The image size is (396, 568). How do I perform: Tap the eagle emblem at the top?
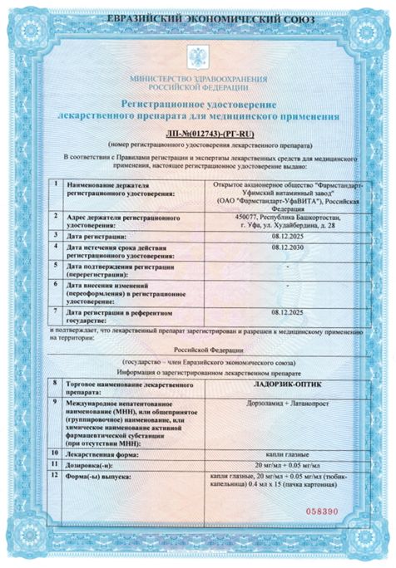point(197,58)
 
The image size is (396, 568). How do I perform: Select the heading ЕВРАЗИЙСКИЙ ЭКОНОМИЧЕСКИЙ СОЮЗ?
point(198,15)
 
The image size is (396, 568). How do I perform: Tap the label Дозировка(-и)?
point(94,466)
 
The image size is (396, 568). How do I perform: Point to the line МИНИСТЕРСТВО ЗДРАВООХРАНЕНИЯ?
point(197,79)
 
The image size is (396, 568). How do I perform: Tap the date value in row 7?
point(287,311)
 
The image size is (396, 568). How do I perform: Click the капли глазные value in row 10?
point(287,453)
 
